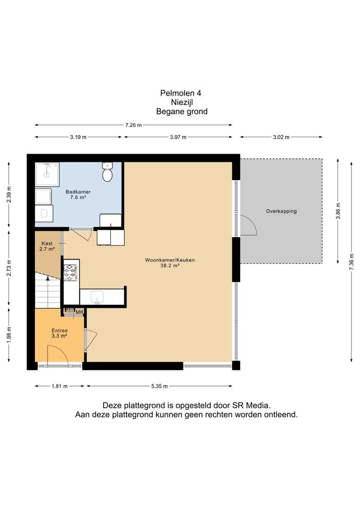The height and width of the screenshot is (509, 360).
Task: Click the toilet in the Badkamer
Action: point(107,172)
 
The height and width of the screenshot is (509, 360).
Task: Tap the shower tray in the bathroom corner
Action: point(47,175)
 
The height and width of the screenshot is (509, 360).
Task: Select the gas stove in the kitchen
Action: point(70,272)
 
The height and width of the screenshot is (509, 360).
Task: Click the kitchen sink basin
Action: point(97,297)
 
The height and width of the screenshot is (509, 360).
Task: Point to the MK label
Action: point(80,312)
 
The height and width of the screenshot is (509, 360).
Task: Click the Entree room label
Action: point(59,330)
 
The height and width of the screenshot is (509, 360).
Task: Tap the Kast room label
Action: point(47,244)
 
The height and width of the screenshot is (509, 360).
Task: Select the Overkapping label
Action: point(281,211)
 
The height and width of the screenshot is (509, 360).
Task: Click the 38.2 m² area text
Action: point(170,265)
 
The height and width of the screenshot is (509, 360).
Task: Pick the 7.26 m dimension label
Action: point(133,125)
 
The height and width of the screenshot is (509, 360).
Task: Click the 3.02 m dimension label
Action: point(281,137)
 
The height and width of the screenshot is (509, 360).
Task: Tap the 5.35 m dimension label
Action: point(159,386)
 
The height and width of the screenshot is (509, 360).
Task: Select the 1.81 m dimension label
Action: point(60,386)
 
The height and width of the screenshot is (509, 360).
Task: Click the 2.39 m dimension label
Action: point(9,195)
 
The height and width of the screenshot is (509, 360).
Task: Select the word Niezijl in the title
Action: point(182,102)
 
